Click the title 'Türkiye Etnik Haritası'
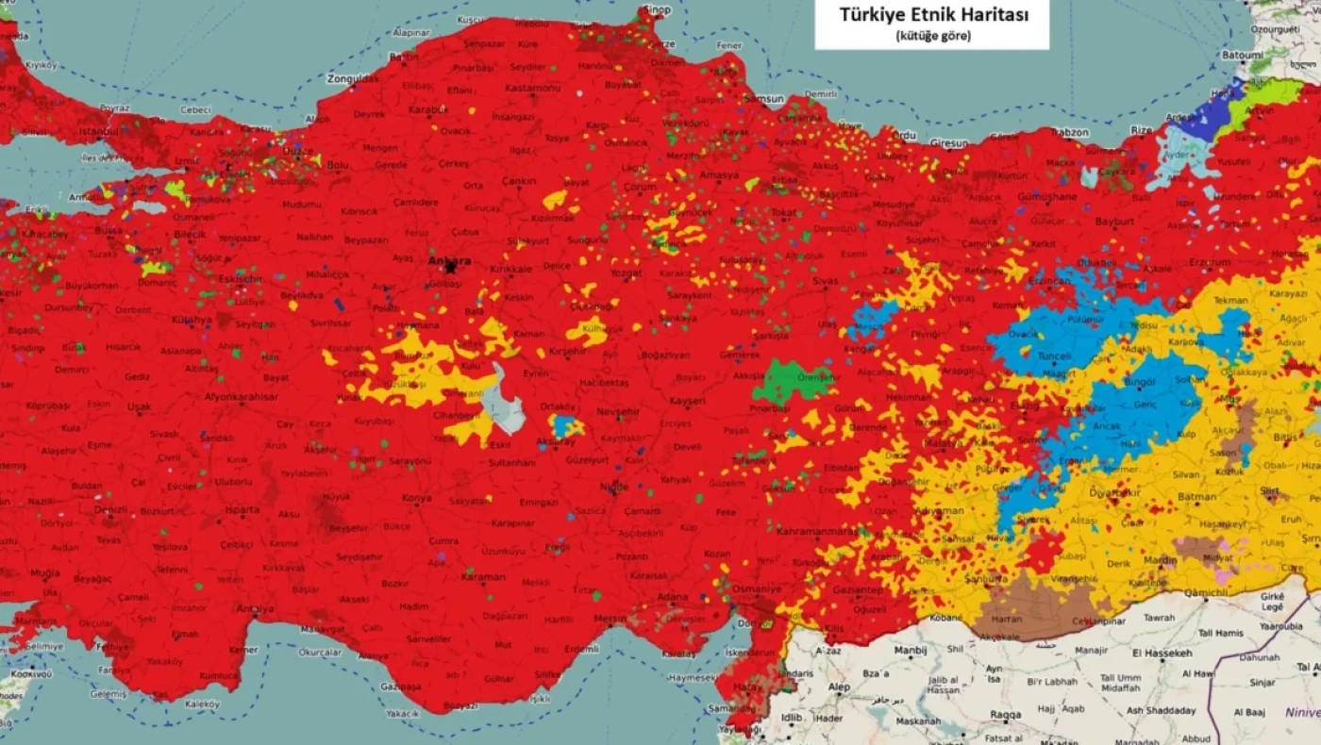click(931, 15)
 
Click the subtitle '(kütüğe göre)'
click(931, 36)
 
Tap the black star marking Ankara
click(450, 268)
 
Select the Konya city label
click(416, 498)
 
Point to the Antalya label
click(255, 609)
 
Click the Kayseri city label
click(686, 401)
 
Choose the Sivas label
click(825, 281)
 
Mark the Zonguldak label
click(352, 79)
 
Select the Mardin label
click(1160, 559)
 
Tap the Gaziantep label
click(856, 590)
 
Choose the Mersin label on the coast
click(610, 619)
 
